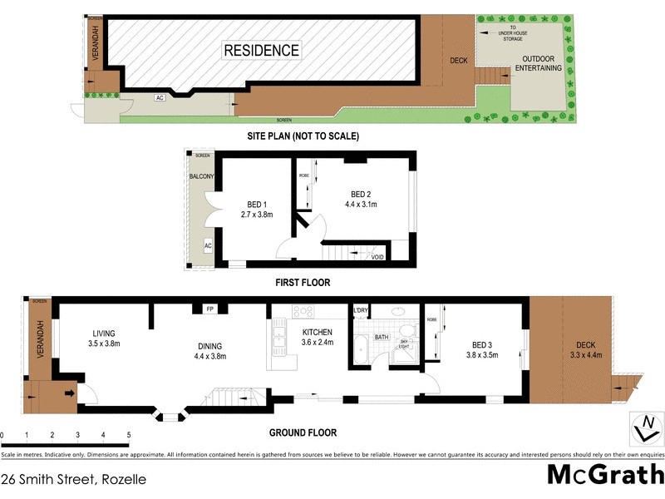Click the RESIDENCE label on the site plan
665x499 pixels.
point(261,51)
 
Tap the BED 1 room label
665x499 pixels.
point(258,204)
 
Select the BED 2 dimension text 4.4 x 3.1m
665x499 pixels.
point(361,204)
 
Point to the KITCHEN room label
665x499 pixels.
point(317,331)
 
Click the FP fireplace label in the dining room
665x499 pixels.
point(210,309)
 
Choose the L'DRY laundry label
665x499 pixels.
point(361,310)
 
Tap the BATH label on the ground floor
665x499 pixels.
point(382,338)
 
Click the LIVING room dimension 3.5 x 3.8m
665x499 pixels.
point(105,343)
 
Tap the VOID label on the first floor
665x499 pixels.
point(378,257)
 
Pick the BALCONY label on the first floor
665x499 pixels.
point(202,176)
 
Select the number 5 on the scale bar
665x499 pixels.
point(129,434)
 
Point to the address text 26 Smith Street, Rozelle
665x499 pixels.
point(74,480)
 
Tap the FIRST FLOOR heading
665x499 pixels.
point(303,283)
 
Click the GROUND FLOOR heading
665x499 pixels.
point(303,432)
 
